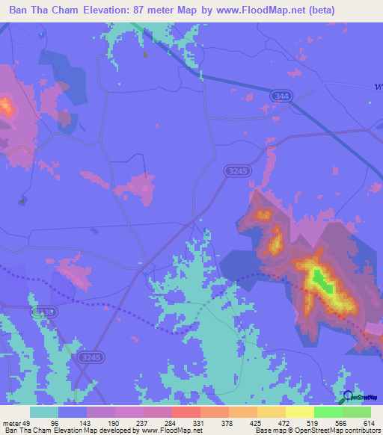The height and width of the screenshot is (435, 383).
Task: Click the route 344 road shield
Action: pos(281,97)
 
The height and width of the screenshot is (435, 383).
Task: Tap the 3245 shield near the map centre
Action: pos(235,171)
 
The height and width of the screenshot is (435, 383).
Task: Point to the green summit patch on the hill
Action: pos(322,280)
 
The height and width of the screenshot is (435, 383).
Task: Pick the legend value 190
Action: pos(114,423)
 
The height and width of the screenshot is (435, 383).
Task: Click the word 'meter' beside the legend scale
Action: pos(13,423)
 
